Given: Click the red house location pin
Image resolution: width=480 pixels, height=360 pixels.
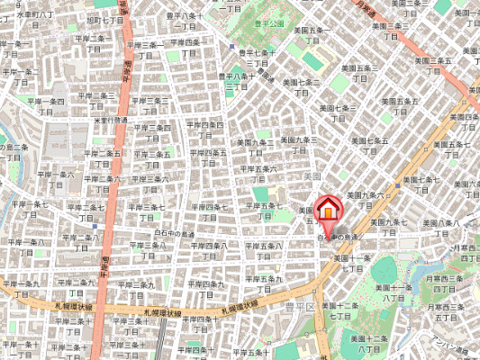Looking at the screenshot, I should point(329,208).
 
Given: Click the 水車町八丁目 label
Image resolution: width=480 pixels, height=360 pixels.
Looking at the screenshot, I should point(27,15).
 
